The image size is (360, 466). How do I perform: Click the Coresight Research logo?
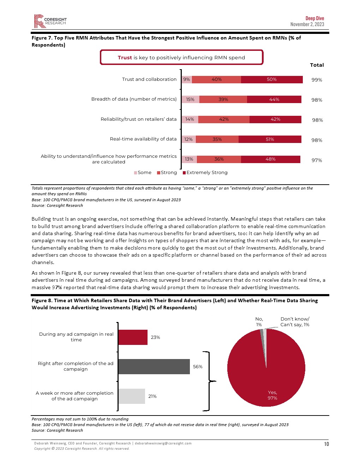click(50, 21)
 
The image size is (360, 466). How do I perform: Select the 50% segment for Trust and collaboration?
click(272, 79)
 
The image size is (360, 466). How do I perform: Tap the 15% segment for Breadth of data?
click(190, 100)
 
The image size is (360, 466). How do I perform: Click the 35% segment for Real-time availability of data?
click(217, 139)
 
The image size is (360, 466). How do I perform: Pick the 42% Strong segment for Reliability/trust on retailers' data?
click(224, 119)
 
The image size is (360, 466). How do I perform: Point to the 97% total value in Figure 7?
click(317, 160)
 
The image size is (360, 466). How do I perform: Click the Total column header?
click(317, 65)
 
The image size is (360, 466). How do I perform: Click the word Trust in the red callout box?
click(125, 58)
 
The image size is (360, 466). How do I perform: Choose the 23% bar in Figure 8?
click(133, 337)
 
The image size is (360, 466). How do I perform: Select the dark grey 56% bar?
click(154, 367)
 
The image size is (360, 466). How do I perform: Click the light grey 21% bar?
click(132, 396)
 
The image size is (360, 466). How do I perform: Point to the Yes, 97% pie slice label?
click(272, 395)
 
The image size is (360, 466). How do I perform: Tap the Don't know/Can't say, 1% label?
click(295, 322)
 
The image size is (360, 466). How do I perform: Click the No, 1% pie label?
click(259, 322)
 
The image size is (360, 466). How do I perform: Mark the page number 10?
click(326, 444)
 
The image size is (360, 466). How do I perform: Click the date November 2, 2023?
click(307, 24)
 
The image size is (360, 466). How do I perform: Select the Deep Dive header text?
click(314, 18)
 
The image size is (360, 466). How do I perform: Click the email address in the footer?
click(163, 443)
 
